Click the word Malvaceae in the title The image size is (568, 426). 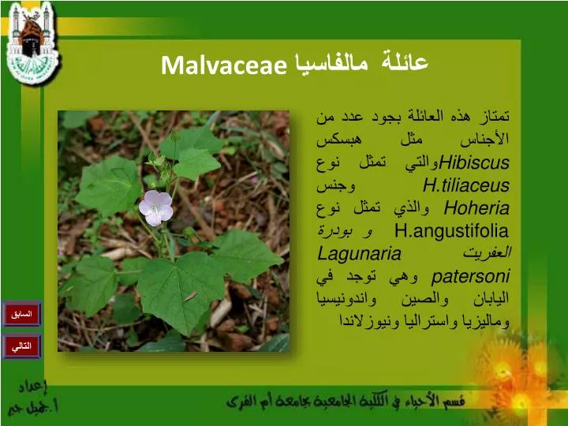click(223, 65)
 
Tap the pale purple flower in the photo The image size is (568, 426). click(156, 207)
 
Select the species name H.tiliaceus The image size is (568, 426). click(466, 186)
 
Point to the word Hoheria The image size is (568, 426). click(476, 209)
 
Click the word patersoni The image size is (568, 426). click(473, 277)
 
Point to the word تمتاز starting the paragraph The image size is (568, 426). click(493, 118)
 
